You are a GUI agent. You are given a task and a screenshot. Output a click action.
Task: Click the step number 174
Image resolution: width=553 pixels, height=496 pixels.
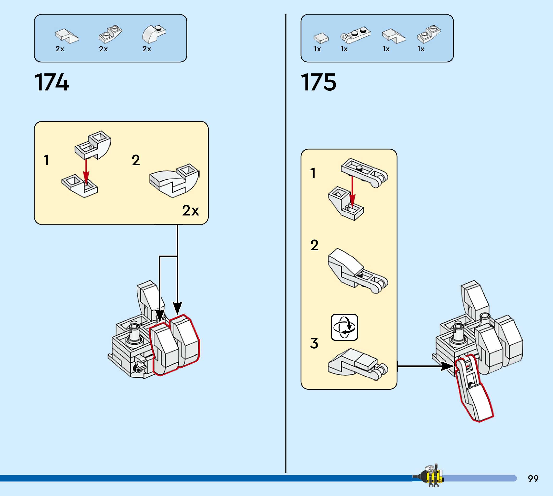[x=52, y=82]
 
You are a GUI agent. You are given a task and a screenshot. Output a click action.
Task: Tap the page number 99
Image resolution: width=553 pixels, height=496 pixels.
[x=533, y=478]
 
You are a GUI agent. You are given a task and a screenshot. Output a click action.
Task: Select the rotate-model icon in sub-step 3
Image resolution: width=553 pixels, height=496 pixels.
[x=344, y=327]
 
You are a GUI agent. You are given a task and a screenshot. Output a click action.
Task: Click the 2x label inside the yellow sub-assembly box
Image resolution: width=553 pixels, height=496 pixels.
[x=191, y=210]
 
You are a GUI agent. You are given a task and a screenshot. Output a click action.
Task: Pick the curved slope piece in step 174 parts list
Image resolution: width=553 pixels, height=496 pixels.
[x=154, y=34]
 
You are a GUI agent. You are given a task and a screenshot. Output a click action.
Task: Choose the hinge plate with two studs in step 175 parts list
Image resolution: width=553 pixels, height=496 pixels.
[x=355, y=35]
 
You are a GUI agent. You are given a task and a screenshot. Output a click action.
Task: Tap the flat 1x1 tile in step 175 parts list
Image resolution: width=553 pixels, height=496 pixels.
[x=321, y=38]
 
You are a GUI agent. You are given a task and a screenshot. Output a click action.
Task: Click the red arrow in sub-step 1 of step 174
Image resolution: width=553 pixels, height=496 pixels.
[x=86, y=171]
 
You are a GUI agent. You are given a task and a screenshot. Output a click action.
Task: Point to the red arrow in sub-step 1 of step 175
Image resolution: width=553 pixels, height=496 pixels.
[x=352, y=192]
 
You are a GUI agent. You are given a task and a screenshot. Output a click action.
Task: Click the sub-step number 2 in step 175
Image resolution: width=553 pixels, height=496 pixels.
[x=314, y=245]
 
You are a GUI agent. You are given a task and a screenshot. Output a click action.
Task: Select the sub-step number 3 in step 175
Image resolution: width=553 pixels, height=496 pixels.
[x=314, y=343]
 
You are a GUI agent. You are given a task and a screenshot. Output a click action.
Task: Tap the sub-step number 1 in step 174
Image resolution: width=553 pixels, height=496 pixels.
[x=46, y=160]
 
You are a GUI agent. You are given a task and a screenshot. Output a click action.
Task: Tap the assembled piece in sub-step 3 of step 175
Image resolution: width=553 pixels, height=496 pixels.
[x=358, y=364]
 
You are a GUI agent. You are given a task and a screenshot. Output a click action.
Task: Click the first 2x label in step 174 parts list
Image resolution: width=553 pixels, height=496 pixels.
[x=60, y=49]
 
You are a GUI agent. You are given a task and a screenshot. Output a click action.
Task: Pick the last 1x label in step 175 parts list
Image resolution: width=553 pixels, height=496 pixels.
[x=421, y=49]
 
